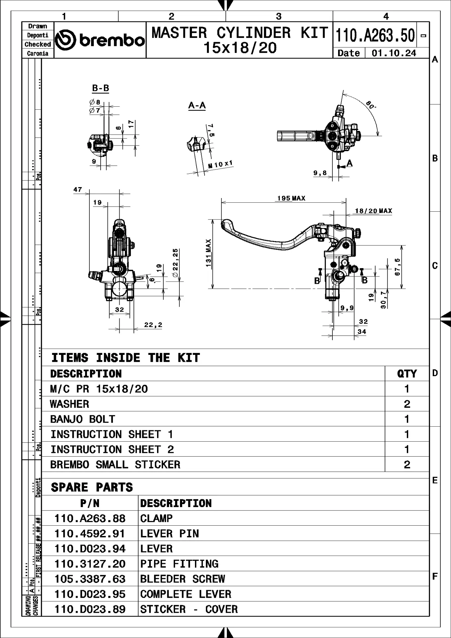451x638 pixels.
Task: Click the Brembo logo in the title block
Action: [x=100, y=40]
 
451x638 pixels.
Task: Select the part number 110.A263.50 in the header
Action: [x=375, y=36]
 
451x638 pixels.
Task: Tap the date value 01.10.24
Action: [x=394, y=53]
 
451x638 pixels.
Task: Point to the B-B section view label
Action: [x=100, y=88]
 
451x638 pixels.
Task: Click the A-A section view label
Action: [x=197, y=106]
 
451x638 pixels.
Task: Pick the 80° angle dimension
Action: [x=371, y=105]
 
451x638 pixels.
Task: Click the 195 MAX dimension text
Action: [x=291, y=198]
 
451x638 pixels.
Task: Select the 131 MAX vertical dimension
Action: [x=209, y=253]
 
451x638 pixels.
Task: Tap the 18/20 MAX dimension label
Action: [x=373, y=211]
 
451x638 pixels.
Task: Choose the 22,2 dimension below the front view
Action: [x=153, y=325]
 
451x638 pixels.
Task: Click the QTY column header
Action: [x=407, y=374]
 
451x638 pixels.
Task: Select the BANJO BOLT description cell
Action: [x=83, y=419]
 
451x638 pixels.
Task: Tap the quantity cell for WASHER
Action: [x=407, y=404]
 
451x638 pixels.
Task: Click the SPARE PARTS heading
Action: [x=92, y=487]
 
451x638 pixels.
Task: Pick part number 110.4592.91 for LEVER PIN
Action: [x=90, y=534]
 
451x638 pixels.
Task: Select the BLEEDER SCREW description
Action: [x=182, y=579]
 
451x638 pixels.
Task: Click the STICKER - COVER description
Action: [x=189, y=609]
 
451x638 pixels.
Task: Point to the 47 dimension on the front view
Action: [x=78, y=190]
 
